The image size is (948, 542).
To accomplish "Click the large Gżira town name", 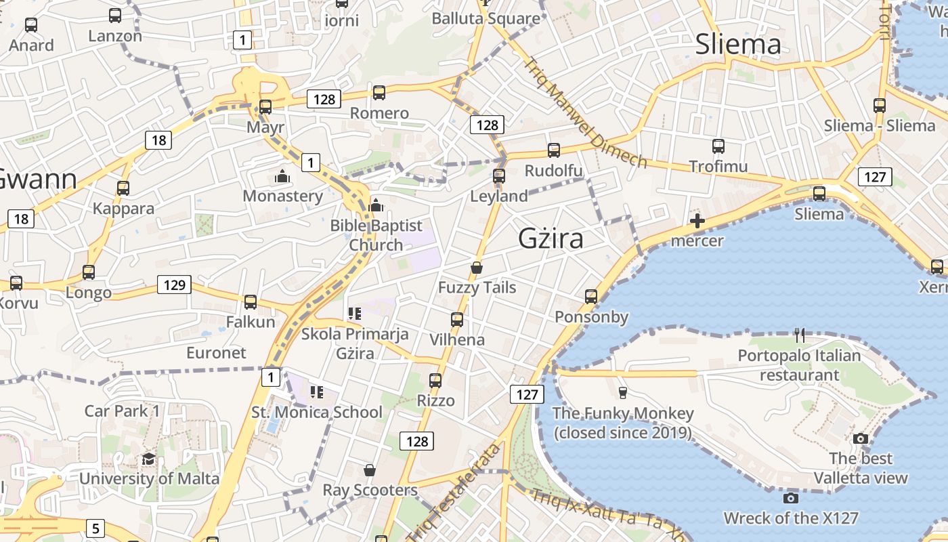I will (x=551, y=238).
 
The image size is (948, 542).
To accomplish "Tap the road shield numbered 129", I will (x=175, y=285).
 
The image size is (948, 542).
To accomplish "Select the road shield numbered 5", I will (x=95, y=528).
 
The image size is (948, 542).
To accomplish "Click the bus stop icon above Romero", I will (x=379, y=93).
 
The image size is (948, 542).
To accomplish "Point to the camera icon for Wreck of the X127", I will (x=790, y=499).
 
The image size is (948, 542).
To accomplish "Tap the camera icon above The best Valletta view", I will (x=861, y=438).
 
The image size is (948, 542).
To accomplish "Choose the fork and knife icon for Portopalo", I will (x=800, y=335).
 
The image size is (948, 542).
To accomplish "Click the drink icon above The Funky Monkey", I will (x=622, y=392).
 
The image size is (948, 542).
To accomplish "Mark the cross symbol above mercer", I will (x=697, y=221).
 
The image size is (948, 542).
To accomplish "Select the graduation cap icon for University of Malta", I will (x=148, y=459).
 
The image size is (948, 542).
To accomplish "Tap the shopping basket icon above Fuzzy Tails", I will (x=477, y=268).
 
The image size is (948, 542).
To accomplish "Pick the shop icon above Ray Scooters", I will (x=370, y=470).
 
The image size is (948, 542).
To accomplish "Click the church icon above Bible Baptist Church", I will (x=376, y=205).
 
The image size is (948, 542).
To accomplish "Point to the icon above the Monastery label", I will (x=282, y=177).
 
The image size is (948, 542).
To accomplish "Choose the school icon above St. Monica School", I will (x=316, y=392).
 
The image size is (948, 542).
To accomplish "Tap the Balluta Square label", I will (x=486, y=18).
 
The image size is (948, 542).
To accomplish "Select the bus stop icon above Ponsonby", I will (x=591, y=297).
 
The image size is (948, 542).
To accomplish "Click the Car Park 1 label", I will (x=122, y=411).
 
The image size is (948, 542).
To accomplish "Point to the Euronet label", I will (x=216, y=353).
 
